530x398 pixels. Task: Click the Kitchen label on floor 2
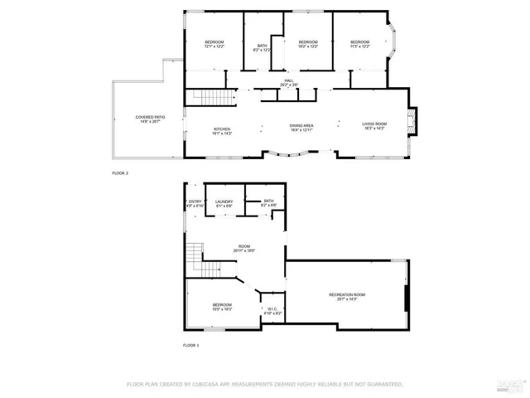221,131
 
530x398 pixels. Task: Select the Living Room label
374,126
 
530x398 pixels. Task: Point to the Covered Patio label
151,119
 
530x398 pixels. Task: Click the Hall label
288,82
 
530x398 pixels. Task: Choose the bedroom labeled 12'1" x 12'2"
214,45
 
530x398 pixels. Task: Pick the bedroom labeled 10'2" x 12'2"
308,45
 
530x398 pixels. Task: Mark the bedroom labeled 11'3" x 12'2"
359,45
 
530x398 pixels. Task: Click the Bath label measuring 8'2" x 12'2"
263,48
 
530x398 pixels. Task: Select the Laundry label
224,203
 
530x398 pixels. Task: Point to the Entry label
195,203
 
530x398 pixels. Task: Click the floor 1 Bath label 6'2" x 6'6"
269,202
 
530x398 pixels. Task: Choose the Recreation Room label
347,297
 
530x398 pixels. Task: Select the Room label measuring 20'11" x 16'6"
244,248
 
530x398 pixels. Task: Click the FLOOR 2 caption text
120,172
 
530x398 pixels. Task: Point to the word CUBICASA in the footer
212,384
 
